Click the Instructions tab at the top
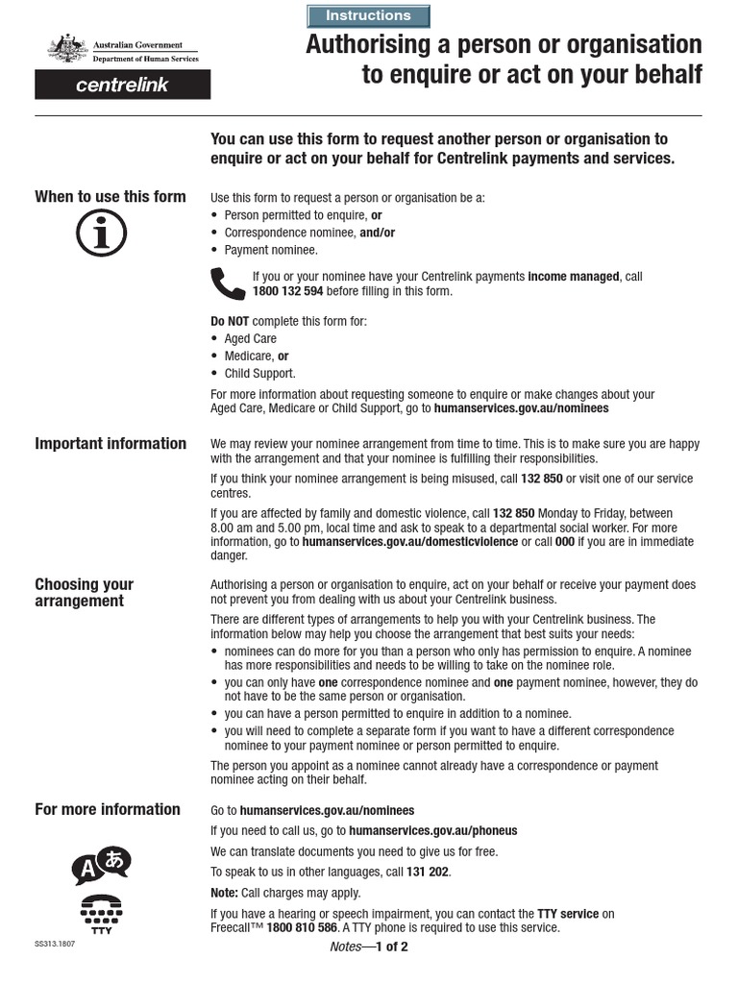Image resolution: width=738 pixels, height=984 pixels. click(368, 16)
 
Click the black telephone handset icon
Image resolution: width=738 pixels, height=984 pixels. click(228, 283)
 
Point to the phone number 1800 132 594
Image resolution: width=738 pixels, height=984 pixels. click(287, 291)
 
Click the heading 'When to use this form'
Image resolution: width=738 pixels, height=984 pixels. click(111, 197)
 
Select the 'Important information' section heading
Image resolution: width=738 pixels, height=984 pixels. click(111, 444)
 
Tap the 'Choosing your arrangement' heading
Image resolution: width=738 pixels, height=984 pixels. click(85, 593)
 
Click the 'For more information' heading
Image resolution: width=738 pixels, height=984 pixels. click(108, 809)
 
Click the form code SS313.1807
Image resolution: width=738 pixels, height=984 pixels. click(55, 945)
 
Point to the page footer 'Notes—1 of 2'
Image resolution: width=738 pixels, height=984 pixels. click(368, 947)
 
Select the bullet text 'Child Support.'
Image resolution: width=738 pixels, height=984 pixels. click(260, 374)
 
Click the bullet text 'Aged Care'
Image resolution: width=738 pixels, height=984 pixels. click(250, 339)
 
